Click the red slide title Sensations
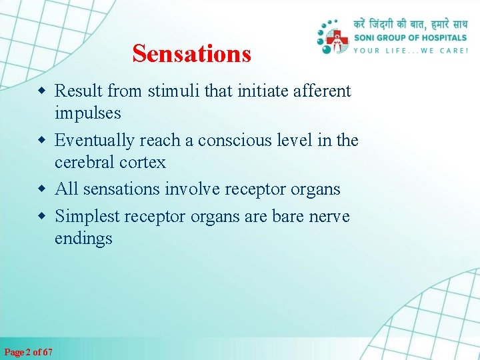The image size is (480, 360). [x=191, y=53]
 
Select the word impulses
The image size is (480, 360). [x=87, y=113]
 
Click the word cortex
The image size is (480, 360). [x=142, y=163]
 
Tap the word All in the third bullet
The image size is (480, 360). [x=66, y=189]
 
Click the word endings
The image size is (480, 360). [x=83, y=239]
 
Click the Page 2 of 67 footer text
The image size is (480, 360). [x=29, y=351]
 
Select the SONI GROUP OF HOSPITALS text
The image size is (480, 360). [x=409, y=38]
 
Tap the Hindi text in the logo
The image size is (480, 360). [x=409, y=24]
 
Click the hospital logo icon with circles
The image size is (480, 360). [x=333, y=37]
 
